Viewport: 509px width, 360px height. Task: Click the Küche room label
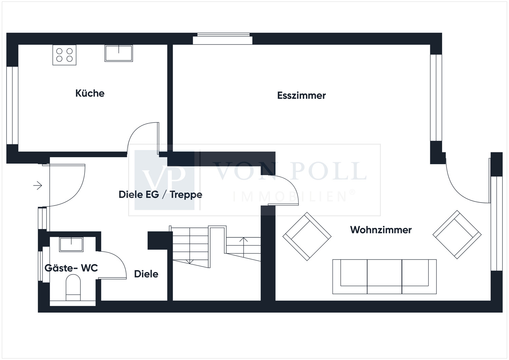coord(90,93)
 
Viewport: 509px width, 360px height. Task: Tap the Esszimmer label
coord(301,95)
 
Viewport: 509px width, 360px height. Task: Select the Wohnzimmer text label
coord(381,230)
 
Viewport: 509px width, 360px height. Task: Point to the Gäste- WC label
coord(71,268)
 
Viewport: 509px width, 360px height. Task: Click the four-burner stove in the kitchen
coord(64,55)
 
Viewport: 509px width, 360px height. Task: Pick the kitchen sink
coord(119,53)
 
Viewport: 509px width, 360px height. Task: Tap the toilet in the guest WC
coord(73,287)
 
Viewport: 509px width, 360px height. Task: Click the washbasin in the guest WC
coord(71,244)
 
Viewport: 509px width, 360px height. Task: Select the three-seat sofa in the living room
coord(384,277)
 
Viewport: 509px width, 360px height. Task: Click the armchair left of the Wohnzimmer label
coord(307,236)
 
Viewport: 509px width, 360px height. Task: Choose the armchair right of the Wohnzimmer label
coord(457,234)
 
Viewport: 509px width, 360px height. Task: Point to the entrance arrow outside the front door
coord(38,186)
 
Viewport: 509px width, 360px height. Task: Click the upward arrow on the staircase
coord(244,247)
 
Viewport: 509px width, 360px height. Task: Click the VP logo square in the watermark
coord(165,180)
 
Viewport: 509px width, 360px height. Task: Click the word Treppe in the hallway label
coord(186,195)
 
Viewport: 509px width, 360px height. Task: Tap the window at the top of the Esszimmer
coord(223,39)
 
